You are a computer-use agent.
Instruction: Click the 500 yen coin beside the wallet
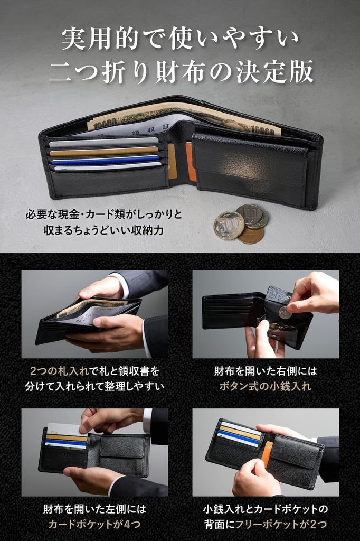tap(229, 226)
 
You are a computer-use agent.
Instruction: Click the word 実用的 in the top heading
tap(98, 38)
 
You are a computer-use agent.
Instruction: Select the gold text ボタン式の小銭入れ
tap(265, 386)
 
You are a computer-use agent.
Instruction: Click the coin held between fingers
tap(285, 313)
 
